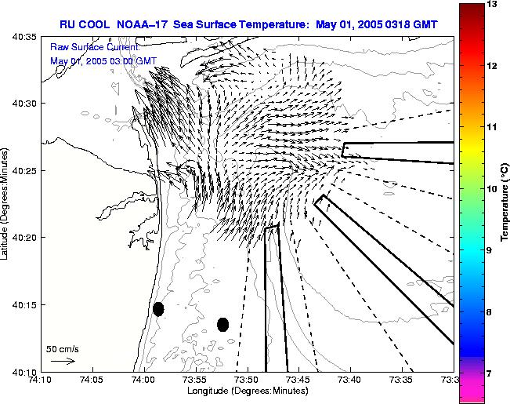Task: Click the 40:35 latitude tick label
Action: (27, 36)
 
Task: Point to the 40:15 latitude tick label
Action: (27, 304)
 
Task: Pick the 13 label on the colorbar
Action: (494, 5)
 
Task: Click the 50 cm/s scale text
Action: (63, 348)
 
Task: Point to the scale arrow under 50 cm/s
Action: (62, 361)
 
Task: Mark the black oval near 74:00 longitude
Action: (158, 309)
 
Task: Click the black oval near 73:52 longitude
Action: (222, 324)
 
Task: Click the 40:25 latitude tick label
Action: (27, 170)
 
